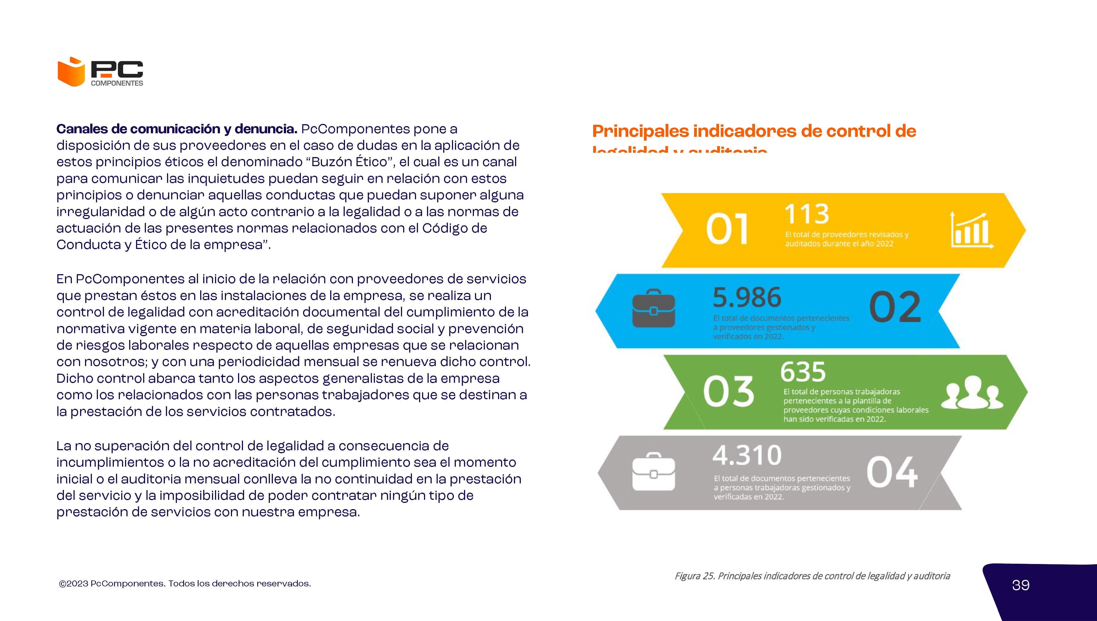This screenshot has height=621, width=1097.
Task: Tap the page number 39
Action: coord(1021,585)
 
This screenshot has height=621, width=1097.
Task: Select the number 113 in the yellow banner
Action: coord(807,214)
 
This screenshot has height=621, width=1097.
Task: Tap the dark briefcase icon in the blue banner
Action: coord(654,308)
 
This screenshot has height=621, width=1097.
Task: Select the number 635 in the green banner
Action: coord(803,372)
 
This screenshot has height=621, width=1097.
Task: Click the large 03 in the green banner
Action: coord(728,392)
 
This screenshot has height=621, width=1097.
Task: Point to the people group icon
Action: coord(972,392)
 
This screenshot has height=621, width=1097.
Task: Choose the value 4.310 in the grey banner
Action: coord(747,455)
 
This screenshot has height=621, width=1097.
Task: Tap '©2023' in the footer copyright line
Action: coord(73,583)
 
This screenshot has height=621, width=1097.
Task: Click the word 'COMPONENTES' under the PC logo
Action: coord(117,83)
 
